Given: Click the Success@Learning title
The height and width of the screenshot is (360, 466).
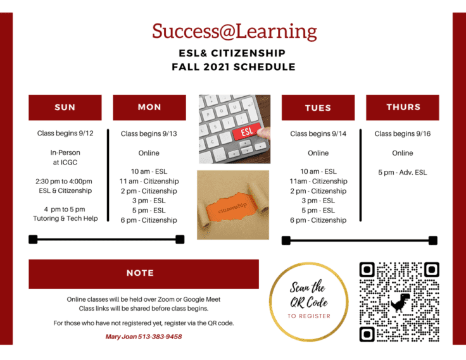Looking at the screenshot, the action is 234,32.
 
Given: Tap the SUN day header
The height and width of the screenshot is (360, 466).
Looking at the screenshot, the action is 65,108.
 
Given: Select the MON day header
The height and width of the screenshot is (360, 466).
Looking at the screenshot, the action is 149,108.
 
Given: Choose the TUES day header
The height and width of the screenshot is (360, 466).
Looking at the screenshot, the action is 318,108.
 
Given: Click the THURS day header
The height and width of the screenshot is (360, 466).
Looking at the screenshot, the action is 403,108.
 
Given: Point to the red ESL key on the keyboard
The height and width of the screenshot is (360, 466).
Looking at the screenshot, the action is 247,132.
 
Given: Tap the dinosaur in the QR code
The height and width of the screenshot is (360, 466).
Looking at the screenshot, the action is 400,302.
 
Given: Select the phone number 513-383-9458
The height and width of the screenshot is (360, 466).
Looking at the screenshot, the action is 160,337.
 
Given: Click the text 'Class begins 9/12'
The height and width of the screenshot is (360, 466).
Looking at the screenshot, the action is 65,133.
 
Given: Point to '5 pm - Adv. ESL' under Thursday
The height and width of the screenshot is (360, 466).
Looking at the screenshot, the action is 403,173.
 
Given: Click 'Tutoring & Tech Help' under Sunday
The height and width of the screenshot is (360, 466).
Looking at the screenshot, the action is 65,219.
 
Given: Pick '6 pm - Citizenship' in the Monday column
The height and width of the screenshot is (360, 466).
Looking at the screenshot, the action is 149,220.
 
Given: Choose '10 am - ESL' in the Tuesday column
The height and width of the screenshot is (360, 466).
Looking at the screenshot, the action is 318,171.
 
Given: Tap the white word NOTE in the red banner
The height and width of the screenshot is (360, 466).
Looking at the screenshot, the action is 141,273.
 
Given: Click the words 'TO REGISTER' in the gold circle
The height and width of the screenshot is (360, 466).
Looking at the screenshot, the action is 309,316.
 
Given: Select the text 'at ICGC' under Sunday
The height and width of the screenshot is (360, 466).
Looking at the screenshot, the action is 65,163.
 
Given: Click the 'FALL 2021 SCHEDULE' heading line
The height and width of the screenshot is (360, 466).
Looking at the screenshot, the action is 234,67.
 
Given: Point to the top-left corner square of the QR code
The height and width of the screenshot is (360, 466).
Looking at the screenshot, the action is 367,270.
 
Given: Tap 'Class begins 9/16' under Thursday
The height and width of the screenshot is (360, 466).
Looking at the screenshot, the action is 403,134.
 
